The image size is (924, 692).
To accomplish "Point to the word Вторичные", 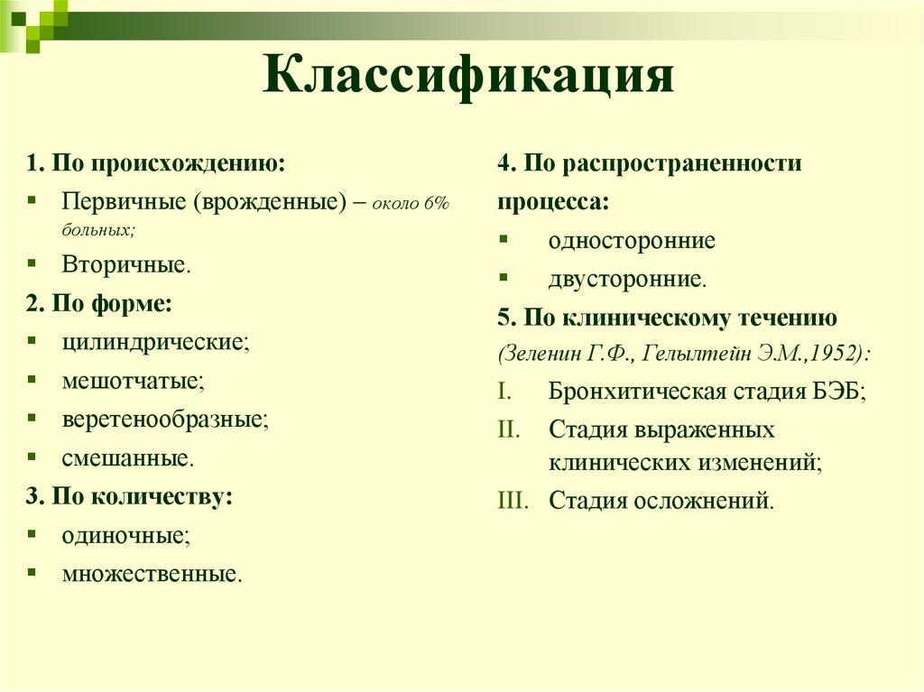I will (x=125, y=265).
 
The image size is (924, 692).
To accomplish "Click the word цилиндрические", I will (x=154, y=342).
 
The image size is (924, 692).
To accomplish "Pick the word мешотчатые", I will (x=133, y=381).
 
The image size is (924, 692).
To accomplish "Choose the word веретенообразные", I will (x=165, y=420).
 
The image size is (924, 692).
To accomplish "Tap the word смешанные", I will (x=126, y=458).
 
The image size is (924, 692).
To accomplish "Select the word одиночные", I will (x=125, y=535).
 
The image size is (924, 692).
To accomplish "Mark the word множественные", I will (x=151, y=574).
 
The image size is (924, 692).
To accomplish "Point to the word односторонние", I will (x=632, y=241).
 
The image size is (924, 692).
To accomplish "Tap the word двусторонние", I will (x=626, y=280).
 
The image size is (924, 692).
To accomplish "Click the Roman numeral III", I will (x=513, y=500).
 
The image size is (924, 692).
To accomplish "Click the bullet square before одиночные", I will (x=32, y=534).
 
